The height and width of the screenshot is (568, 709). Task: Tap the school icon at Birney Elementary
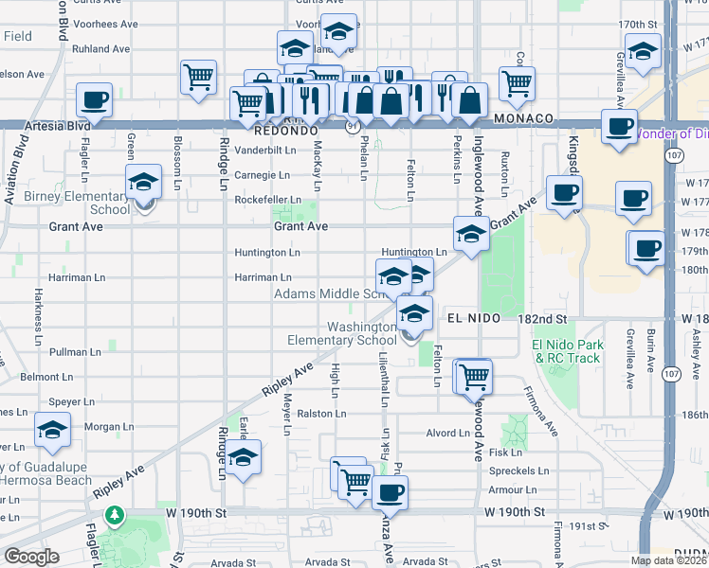pos(143,181)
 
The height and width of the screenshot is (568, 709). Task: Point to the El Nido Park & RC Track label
pos(567,351)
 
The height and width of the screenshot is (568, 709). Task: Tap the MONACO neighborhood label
pos(522,118)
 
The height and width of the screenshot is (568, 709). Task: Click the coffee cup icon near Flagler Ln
pos(94,99)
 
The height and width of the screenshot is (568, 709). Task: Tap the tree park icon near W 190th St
pos(115,515)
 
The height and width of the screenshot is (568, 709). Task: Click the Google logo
pos(30,557)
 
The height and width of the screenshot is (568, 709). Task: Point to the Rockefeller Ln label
pos(267,200)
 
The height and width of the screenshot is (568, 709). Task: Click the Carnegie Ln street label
pos(262,175)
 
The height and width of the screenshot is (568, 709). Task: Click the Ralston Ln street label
pos(317,414)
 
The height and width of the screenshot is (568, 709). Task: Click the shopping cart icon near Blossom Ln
pos(198,76)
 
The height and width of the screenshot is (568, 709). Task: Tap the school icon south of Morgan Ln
pos(244,458)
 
